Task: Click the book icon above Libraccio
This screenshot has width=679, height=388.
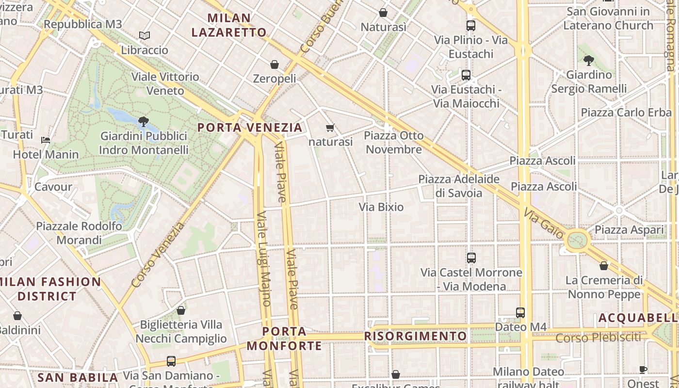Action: click(144, 35)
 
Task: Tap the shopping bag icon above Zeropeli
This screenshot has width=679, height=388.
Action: click(275, 65)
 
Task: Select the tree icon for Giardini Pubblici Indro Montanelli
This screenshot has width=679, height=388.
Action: click(143, 121)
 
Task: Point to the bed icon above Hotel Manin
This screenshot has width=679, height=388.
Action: click(46, 140)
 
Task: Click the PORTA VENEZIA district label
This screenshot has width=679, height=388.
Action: click(250, 128)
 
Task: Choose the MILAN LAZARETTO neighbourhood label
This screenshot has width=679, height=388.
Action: click(229, 25)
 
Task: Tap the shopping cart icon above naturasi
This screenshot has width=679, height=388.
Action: click(330, 128)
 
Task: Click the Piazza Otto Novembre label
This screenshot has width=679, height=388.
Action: click(394, 142)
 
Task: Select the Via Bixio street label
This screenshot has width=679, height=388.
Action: click(381, 207)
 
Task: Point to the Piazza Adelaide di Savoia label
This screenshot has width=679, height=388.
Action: click(459, 186)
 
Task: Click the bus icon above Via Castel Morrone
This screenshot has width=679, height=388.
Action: click(471, 258)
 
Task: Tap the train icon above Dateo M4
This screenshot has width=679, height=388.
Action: click(520, 313)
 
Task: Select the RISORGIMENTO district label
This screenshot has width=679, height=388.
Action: click(416, 336)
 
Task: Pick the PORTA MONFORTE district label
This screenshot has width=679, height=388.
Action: click(284, 339)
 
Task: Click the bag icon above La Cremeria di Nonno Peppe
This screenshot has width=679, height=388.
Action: click(604, 266)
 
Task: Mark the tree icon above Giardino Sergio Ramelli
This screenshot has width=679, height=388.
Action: click(589, 61)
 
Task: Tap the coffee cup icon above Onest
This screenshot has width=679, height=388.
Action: click(643, 370)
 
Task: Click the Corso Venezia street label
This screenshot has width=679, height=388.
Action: click(158, 254)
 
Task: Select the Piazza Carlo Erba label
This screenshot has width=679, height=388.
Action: click(627, 113)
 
